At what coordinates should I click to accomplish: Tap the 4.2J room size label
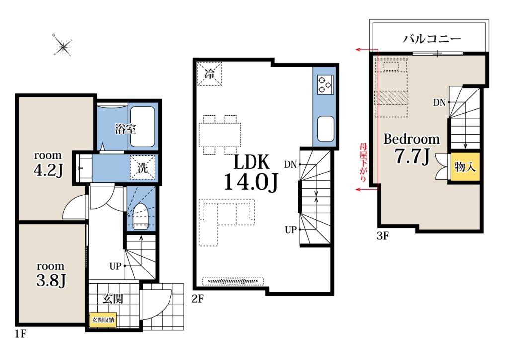pyautogui.click(x=48, y=170)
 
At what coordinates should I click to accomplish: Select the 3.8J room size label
pyautogui.click(x=51, y=280)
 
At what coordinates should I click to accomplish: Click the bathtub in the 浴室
pyautogui.click(x=142, y=127)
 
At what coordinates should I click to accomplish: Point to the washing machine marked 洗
pyautogui.click(x=142, y=168)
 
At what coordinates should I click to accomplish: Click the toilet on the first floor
pyautogui.click(x=140, y=217)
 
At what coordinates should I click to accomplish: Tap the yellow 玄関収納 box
pyautogui.click(x=103, y=320)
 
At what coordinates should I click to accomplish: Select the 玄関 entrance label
pyautogui.click(x=113, y=299)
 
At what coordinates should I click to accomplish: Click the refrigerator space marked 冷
pyautogui.click(x=209, y=74)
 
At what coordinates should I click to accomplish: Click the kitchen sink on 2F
pyautogui.click(x=325, y=129)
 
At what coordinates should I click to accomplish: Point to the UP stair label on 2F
pyautogui.click(x=291, y=230)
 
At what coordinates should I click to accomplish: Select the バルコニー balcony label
pyautogui.click(x=432, y=39)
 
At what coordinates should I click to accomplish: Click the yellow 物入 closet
pyautogui.click(x=465, y=167)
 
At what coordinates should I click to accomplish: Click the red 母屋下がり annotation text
pyautogui.click(x=363, y=163)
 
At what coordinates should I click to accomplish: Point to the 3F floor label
pyautogui.click(x=382, y=236)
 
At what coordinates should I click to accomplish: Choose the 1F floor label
pyautogui.click(x=20, y=334)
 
